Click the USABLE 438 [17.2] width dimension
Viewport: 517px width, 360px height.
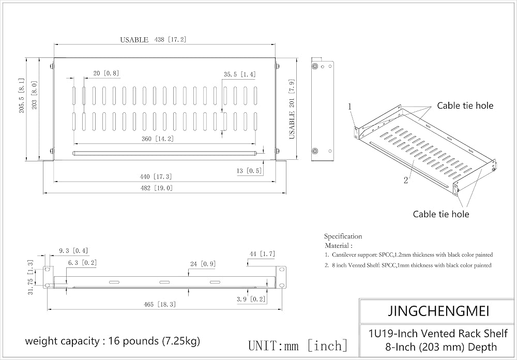point(153,40)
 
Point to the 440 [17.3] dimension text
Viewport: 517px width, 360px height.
point(156,176)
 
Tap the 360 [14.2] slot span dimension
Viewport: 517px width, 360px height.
point(158,139)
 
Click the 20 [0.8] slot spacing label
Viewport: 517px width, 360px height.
point(106,73)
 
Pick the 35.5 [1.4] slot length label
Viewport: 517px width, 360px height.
point(240,74)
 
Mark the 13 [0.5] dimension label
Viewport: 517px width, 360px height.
point(249,171)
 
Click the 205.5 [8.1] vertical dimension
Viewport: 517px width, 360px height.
point(21,96)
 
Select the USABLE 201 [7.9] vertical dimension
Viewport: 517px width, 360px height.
point(292,109)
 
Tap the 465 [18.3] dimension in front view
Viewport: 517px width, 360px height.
point(160,304)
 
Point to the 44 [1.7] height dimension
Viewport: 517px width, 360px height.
point(262,254)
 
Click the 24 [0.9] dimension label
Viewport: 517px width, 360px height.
point(203,264)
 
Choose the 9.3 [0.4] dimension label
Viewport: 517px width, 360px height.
point(73,251)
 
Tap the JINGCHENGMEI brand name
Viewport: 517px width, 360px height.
point(438,311)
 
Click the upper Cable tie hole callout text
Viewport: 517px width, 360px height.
point(465,106)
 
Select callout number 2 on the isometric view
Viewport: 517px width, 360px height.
point(406,180)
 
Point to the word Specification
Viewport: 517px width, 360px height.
point(343,236)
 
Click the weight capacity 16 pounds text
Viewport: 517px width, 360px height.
point(112,340)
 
